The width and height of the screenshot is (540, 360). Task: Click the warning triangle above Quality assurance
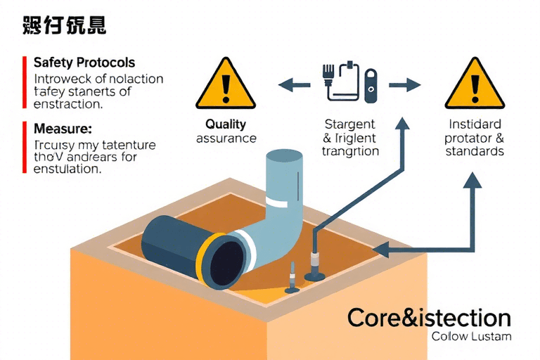(x=225, y=84)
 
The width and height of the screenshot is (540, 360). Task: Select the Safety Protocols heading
(x=84, y=63)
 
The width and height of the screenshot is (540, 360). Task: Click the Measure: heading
(x=63, y=129)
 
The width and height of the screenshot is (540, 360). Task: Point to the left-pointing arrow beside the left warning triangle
(x=294, y=86)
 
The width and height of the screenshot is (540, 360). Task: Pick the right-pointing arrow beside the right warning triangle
(x=404, y=85)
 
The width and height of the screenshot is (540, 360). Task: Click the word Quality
(x=226, y=124)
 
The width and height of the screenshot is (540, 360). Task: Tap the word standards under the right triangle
(x=475, y=151)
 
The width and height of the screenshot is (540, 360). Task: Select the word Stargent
(x=349, y=124)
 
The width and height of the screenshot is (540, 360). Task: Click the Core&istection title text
(x=429, y=317)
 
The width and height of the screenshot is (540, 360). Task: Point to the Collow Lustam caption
(x=471, y=336)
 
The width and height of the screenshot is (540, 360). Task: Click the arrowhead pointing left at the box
(x=380, y=248)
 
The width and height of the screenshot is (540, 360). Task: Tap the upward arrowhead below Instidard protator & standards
(x=472, y=181)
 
